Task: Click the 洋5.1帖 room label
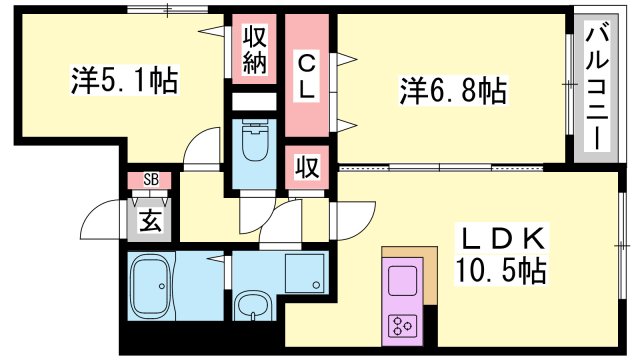coord(124,80)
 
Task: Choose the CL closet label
coord(307,76)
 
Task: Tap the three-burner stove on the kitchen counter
coord(403,323)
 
